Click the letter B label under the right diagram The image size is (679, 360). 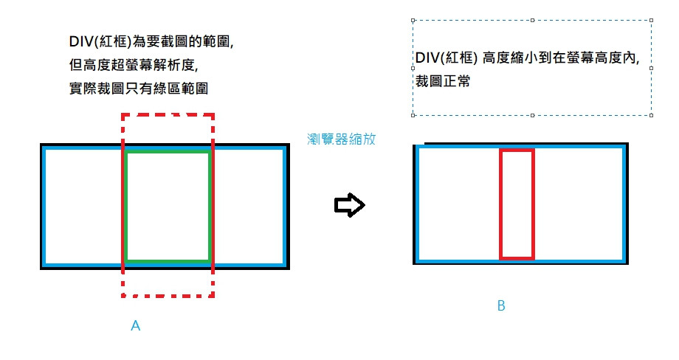(x=501, y=306)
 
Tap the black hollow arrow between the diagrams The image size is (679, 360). (x=350, y=205)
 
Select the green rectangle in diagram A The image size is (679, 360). (x=126, y=207)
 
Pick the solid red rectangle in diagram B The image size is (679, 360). (x=501, y=204)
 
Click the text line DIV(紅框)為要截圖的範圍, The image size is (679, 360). (x=150, y=42)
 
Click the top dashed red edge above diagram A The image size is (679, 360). (x=168, y=115)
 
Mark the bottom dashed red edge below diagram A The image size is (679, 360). (x=168, y=296)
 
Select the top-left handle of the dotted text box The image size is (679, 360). (x=413, y=21)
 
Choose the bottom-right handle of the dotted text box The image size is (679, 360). (x=651, y=116)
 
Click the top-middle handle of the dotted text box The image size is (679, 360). (x=532, y=21)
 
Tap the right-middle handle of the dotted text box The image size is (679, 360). (x=651, y=68)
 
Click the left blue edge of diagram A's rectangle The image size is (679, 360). (x=44, y=207)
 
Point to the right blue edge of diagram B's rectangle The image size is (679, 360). (x=624, y=204)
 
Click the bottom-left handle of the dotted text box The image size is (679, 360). (x=413, y=116)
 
